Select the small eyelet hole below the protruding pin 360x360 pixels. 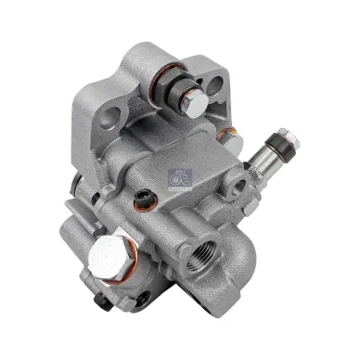(238, 186)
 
